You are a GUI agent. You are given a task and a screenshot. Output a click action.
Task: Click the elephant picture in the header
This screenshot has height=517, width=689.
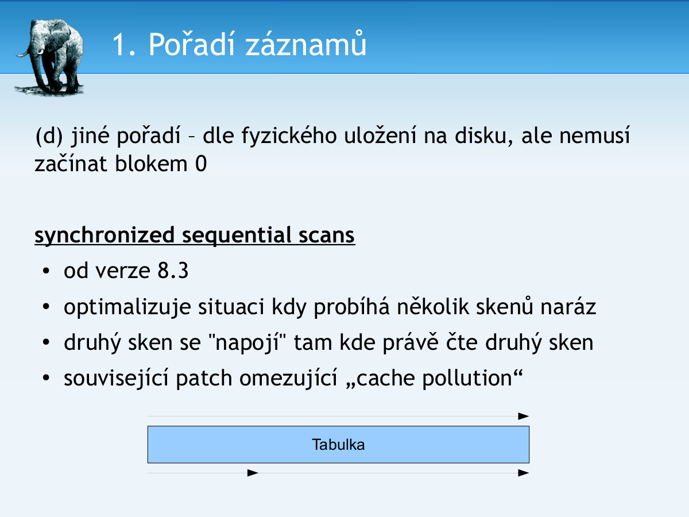coord(49,57)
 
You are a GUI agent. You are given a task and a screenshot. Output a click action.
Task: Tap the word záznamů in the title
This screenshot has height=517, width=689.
coord(305,44)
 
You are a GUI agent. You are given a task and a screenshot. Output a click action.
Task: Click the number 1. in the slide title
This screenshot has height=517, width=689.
coord(123,45)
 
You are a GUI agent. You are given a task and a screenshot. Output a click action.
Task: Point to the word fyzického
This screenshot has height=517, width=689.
coord(289,137)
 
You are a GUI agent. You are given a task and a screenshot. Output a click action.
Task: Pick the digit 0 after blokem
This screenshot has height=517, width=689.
coord(201,164)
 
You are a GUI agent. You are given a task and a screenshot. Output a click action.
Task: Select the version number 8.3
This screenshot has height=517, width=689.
coord(173,271)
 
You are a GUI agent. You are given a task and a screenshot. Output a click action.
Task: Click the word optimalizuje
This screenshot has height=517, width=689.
coord(127,307)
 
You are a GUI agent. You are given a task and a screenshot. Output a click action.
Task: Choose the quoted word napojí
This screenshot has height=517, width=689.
coord(247,342)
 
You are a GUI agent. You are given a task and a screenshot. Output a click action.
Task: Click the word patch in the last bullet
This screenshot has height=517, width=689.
coord(204,378)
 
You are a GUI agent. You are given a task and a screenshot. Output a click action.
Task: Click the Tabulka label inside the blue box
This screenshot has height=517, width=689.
coord(338,445)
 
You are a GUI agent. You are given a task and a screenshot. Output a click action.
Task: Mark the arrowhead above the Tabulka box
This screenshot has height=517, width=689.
coord(523,416)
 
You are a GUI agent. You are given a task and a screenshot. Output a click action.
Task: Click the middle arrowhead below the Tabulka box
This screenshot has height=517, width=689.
coord(253,473)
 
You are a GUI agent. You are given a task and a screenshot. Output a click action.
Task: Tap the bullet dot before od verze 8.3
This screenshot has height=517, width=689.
coord(46,271)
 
